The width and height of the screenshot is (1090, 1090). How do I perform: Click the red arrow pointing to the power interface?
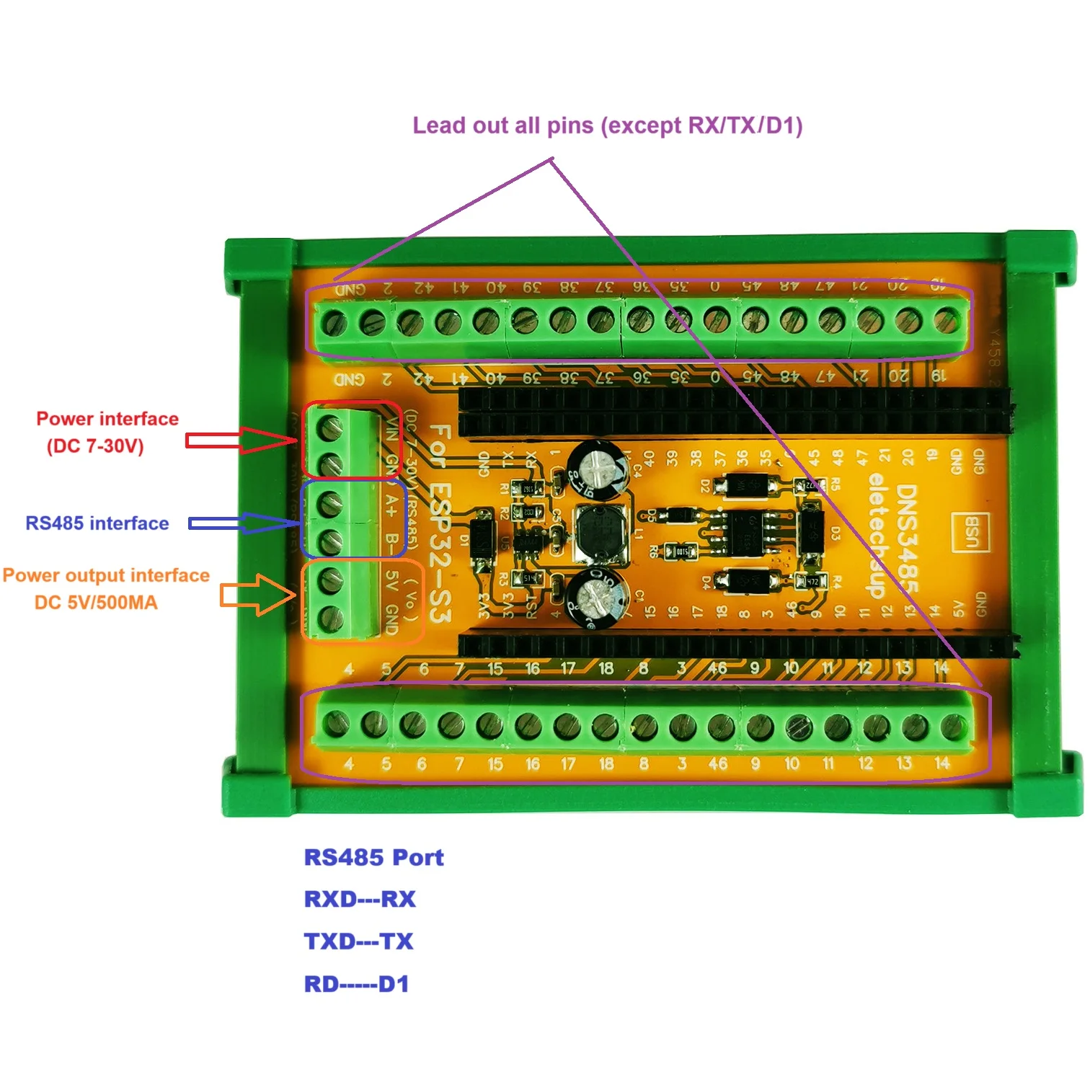[242, 440]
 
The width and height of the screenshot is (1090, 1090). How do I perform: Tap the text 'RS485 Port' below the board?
[373, 857]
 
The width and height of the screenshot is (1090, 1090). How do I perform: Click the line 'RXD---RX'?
[360, 899]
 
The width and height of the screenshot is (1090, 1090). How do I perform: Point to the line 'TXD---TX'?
[358, 941]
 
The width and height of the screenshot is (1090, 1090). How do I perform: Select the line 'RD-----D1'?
[356, 984]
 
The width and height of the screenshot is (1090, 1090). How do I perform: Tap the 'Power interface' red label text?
[107, 419]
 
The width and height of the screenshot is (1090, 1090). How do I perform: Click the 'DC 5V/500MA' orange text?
[96, 603]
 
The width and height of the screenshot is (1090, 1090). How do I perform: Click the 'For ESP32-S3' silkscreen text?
[440, 523]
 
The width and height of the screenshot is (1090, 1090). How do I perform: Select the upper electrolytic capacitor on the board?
[597, 469]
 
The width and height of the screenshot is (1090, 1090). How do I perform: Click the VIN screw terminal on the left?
[329, 428]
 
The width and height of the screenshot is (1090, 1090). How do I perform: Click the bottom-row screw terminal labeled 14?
[953, 726]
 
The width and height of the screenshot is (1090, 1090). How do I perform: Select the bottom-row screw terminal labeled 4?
[336, 722]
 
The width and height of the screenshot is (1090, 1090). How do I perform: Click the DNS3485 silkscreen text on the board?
[907, 537]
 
